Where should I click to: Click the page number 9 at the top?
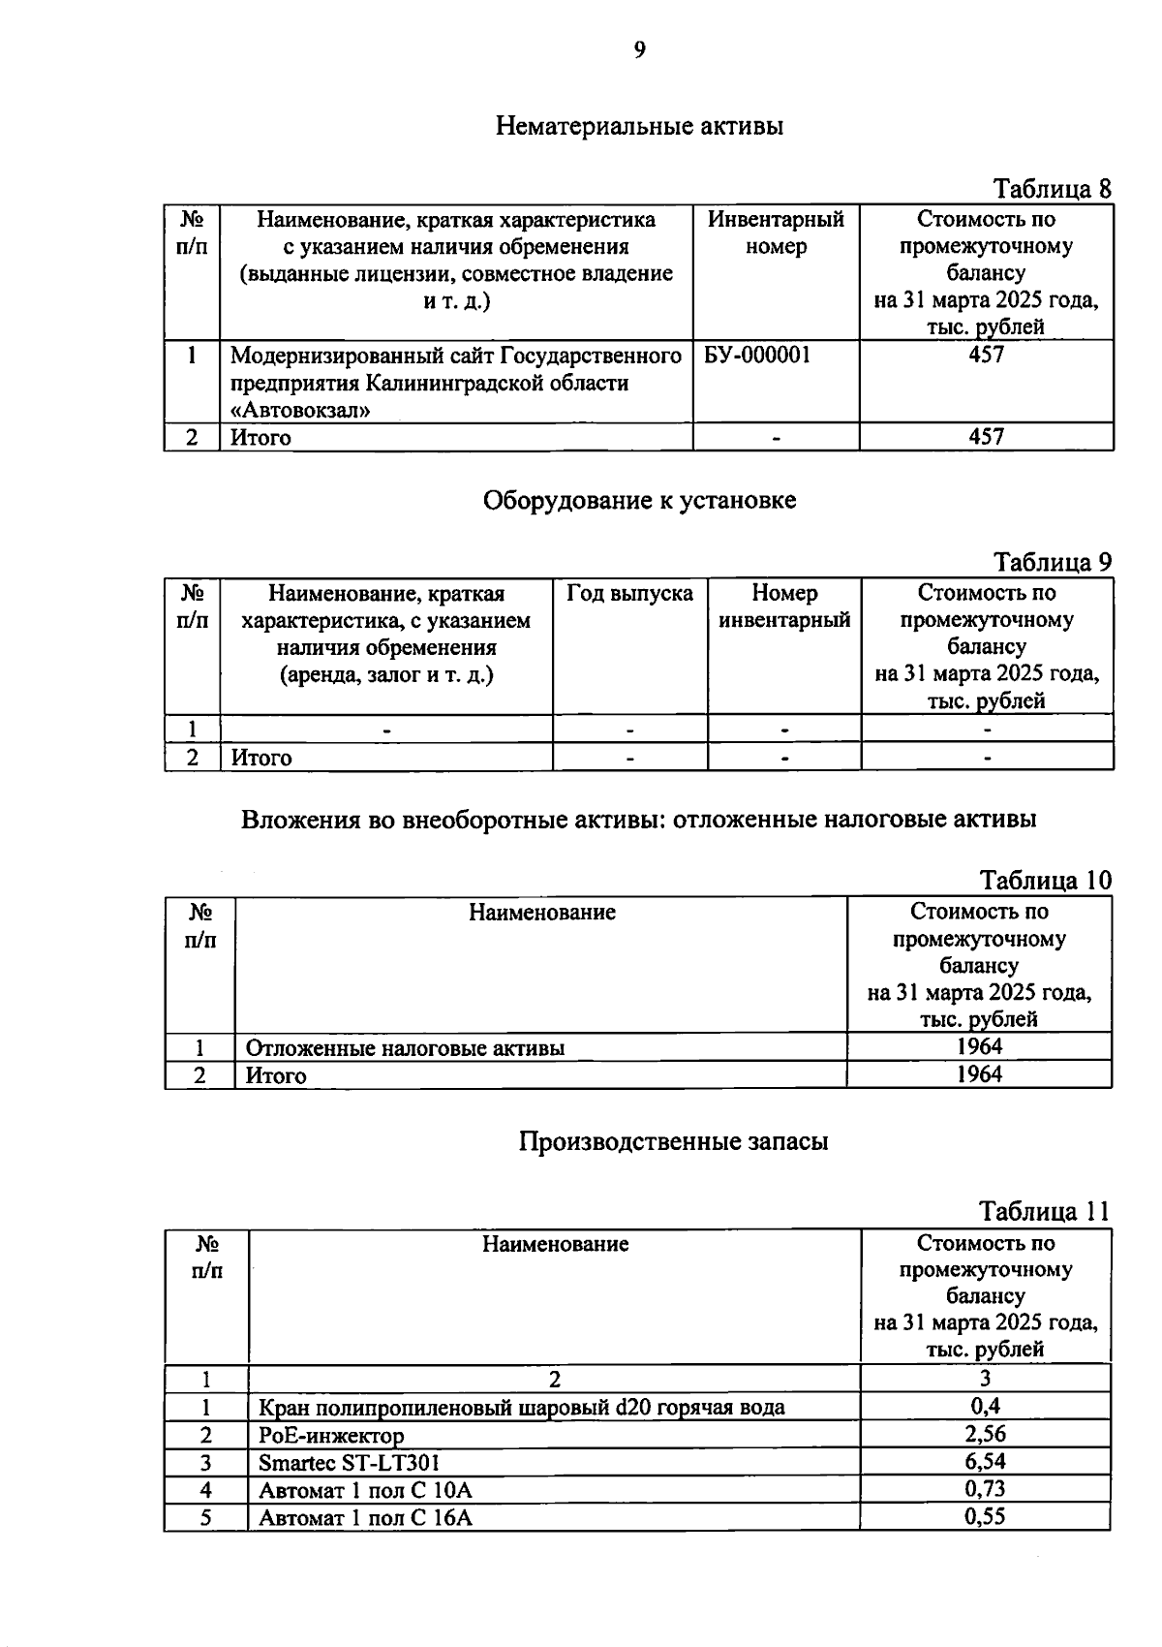pyautogui.click(x=639, y=50)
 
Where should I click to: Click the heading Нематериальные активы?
pyautogui.click(x=639, y=126)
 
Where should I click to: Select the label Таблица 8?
pyautogui.click(x=1053, y=189)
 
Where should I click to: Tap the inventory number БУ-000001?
pyautogui.click(x=757, y=356)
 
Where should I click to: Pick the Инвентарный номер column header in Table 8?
pyautogui.click(x=776, y=233)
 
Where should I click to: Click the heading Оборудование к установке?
pyautogui.click(x=639, y=501)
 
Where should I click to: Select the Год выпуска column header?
pyautogui.click(x=629, y=593)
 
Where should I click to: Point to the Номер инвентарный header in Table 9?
pyautogui.click(x=784, y=606)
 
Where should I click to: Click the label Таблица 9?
pyautogui.click(x=1053, y=562)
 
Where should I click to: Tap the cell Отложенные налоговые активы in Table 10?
pyautogui.click(x=405, y=1047)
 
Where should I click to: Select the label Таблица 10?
pyautogui.click(x=1046, y=881)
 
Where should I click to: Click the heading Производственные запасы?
pyautogui.click(x=673, y=1141)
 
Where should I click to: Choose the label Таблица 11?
pyautogui.click(x=1044, y=1212)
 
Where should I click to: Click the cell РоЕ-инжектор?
pyautogui.click(x=331, y=1435)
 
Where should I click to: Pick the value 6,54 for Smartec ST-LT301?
pyautogui.click(x=985, y=1461)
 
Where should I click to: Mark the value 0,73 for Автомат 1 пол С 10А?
pyautogui.click(x=985, y=1489)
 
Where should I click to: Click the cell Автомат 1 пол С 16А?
pyautogui.click(x=365, y=1518)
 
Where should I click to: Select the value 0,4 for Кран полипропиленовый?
pyautogui.click(x=985, y=1406)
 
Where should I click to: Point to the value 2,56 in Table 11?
pyautogui.click(x=985, y=1434)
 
